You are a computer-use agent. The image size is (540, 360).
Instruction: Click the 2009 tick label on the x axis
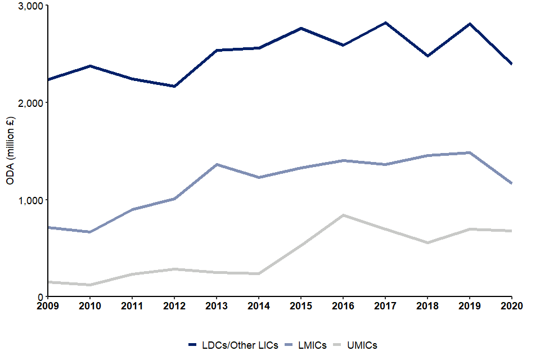tap(48, 306)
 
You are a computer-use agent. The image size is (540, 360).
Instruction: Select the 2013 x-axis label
tap(217, 306)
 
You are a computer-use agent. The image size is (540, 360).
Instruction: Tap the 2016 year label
tap(343, 306)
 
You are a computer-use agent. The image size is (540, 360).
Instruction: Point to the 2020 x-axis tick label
tap(512, 306)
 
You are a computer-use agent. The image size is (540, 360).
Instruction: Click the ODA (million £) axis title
tap(10, 151)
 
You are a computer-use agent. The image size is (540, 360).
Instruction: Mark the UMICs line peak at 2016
tap(343, 215)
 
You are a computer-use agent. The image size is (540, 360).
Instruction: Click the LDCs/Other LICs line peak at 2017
tap(385, 22)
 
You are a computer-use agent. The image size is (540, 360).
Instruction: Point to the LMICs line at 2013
tap(217, 164)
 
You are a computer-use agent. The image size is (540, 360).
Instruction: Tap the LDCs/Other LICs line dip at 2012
tap(174, 86)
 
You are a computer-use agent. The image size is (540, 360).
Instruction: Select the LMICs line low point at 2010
tap(90, 232)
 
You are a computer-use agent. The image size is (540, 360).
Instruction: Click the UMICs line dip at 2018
tap(427, 242)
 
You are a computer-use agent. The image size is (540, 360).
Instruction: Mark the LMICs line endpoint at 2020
tap(511, 183)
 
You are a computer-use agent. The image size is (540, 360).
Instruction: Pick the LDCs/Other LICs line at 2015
tap(301, 28)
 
